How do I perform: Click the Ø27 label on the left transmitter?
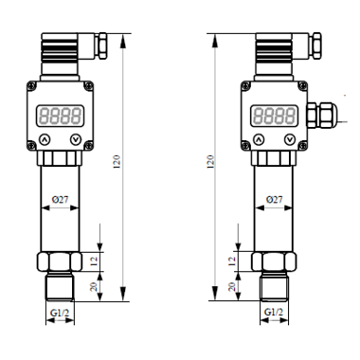pos(60,200)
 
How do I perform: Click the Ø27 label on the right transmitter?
pos(274,200)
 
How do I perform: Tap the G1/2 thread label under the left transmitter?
pos(60,313)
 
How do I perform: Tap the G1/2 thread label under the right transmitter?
pos(274,313)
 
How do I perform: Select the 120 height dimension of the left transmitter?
pos(117,161)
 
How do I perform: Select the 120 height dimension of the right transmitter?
pos(210,161)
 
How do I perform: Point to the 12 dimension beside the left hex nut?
pos(94,261)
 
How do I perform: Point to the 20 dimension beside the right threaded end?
pos(232,287)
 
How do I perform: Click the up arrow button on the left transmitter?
pos(45,139)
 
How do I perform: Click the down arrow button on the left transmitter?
pos(76,139)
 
